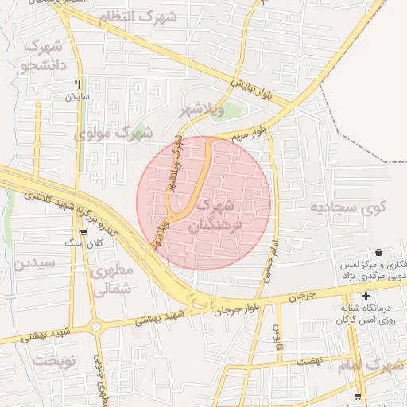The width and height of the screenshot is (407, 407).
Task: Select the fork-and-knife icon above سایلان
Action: [x=77, y=83]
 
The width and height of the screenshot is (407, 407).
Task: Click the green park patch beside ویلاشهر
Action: [x=230, y=111]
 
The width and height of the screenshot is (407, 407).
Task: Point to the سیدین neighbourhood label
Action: [x=32, y=262]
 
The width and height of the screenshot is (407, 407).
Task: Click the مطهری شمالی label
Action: [x=111, y=281]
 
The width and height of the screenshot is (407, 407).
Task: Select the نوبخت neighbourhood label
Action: [x=54, y=361]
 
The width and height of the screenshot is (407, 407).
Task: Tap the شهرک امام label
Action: [x=370, y=366]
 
